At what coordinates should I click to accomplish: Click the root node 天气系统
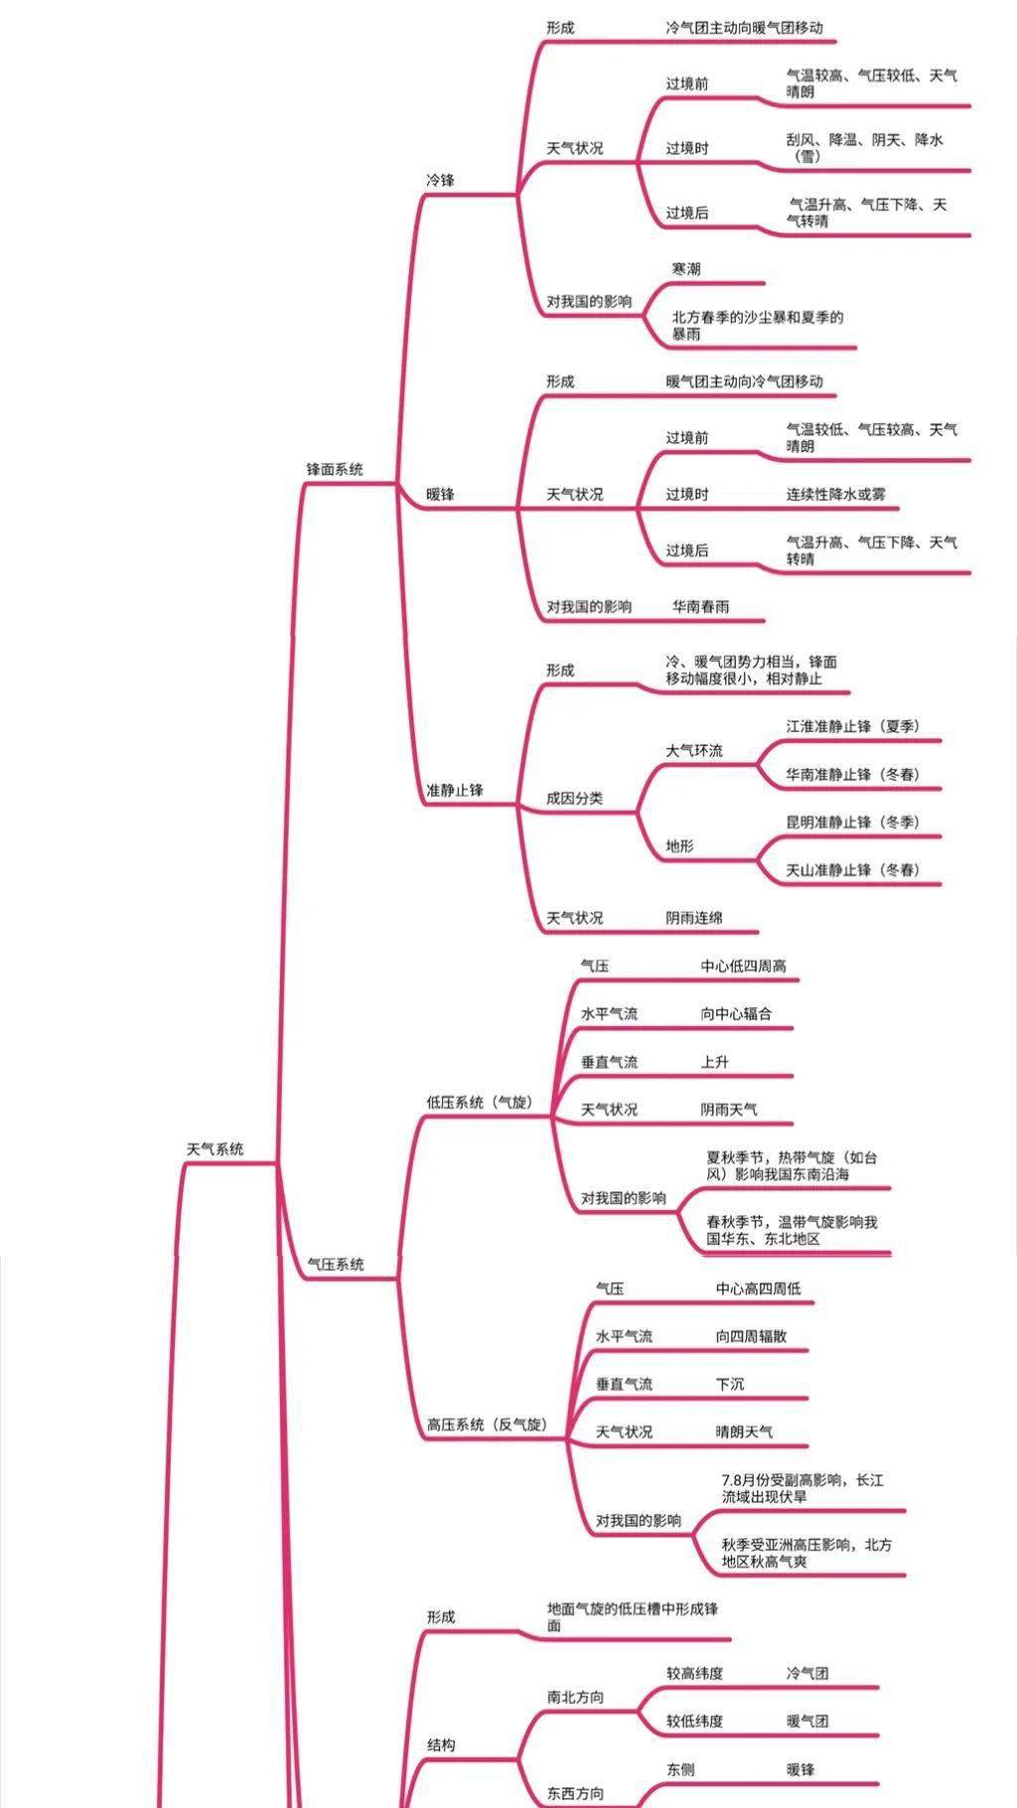(215, 1149)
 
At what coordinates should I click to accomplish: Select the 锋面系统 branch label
(335, 470)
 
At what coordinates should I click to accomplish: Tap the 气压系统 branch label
(336, 1265)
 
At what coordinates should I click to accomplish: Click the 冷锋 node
(440, 181)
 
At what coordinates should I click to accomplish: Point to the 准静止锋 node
(455, 791)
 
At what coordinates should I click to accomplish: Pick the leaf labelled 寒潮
(686, 269)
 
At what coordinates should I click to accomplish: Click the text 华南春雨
(701, 606)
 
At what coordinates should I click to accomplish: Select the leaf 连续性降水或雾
(836, 494)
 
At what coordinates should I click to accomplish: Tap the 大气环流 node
(694, 751)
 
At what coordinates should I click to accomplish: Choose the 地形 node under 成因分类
(680, 846)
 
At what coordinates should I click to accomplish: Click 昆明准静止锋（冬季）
(853, 823)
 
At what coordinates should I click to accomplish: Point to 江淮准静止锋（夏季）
(853, 726)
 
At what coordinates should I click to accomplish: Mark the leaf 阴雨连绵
(694, 918)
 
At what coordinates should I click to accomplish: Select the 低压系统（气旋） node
(480, 1103)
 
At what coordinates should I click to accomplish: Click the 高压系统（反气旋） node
(488, 1425)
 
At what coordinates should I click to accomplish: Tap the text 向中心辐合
(736, 1014)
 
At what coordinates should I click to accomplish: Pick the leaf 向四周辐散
(752, 1336)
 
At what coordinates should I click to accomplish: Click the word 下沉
(730, 1384)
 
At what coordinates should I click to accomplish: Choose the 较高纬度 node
(695, 1673)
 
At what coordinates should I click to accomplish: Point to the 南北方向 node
(575, 1697)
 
